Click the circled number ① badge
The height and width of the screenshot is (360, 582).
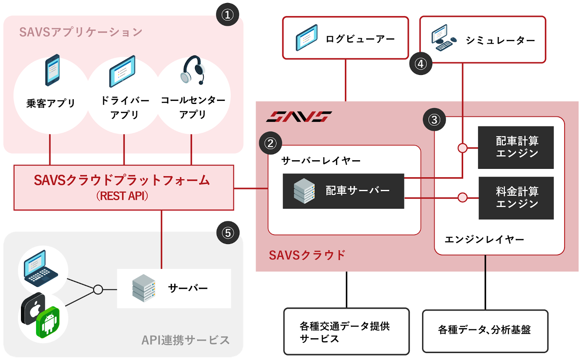pyautogui.click(x=227, y=15)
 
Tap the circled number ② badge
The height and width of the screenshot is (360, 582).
pyautogui.click(x=270, y=143)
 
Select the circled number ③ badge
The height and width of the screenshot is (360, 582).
pyautogui.click(x=434, y=119)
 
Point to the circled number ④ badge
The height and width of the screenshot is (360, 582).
pyautogui.click(x=421, y=64)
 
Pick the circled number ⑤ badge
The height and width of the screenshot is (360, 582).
pyautogui.click(x=228, y=233)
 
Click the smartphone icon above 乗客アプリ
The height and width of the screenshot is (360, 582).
pyautogui.click(x=52, y=70)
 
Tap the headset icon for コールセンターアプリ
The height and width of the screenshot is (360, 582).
pyautogui.click(x=193, y=70)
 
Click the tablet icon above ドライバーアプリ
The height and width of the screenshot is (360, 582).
pyautogui.click(x=122, y=71)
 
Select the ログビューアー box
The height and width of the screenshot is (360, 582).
pyautogui.click(x=345, y=38)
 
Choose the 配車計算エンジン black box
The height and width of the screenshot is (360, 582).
pyautogui.click(x=516, y=147)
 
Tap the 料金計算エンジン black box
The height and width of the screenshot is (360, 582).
pyautogui.click(x=516, y=198)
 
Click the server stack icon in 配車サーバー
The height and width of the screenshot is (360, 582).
pyautogui.click(x=304, y=191)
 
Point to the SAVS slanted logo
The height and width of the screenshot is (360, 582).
pyautogui.click(x=299, y=116)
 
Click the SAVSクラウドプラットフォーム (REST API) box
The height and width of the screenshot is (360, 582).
pyautogui.click(x=123, y=187)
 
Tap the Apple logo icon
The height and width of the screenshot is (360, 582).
pyautogui.click(x=33, y=309)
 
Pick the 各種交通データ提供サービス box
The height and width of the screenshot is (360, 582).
pyautogui.click(x=346, y=332)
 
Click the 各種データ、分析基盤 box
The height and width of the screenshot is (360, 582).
pyautogui.click(x=485, y=331)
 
